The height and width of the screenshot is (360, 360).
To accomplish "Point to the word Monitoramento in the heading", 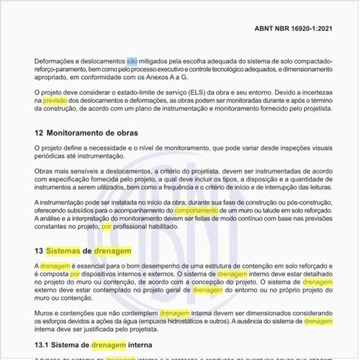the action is (78, 133).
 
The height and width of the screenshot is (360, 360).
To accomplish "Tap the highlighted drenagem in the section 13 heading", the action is (112, 251).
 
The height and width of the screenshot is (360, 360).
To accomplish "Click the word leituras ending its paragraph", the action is (310, 185).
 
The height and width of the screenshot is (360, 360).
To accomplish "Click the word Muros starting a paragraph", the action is (46, 313).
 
